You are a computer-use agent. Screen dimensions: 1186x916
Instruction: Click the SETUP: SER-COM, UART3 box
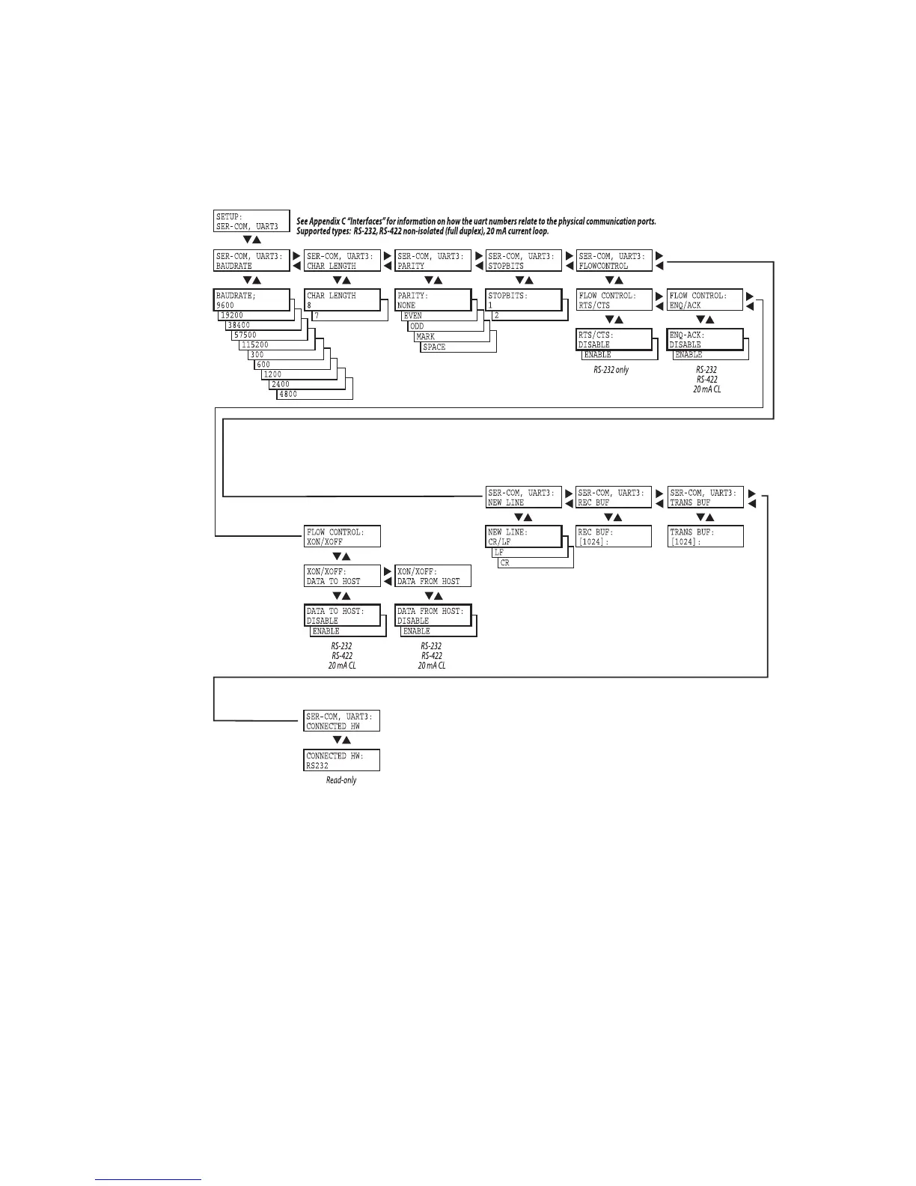(x=251, y=222)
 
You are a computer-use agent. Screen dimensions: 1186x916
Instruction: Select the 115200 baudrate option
(x=254, y=345)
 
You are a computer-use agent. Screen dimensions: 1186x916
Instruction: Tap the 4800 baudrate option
(x=288, y=394)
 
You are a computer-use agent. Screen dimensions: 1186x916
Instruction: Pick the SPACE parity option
(x=434, y=347)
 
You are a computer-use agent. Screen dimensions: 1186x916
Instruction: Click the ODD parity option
(x=417, y=326)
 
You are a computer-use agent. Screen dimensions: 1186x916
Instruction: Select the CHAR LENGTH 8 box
(x=342, y=300)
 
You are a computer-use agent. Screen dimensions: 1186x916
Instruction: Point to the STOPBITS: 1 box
(x=523, y=300)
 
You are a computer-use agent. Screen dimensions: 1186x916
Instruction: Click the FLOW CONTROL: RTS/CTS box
(x=614, y=300)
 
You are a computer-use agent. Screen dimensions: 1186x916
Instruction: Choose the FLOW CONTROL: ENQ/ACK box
(x=705, y=300)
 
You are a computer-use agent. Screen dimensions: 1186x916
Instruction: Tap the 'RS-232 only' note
(x=611, y=370)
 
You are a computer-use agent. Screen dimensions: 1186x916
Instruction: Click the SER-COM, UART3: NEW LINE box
(x=523, y=497)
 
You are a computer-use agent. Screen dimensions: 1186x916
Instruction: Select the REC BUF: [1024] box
(x=614, y=537)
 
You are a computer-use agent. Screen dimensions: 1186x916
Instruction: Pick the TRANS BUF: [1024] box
(x=706, y=537)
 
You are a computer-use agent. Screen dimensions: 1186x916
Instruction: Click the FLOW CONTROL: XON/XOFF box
(x=342, y=537)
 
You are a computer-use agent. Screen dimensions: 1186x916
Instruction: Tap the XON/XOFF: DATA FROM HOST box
(x=433, y=576)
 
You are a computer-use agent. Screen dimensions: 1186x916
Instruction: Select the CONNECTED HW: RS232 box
(x=342, y=761)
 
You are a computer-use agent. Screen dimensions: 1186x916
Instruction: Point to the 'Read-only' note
(x=341, y=780)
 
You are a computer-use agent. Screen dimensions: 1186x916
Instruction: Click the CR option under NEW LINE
(x=505, y=563)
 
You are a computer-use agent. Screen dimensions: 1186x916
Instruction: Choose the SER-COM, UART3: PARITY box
(x=433, y=261)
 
